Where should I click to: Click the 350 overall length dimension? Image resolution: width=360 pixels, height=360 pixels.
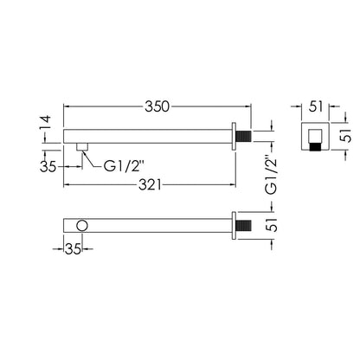[x=157, y=106]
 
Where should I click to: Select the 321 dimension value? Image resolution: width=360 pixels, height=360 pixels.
[x=150, y=185]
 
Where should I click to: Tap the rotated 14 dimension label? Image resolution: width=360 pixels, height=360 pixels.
[x=45, y=123]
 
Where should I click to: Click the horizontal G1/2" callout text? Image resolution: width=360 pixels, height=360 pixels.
[x=124, y=166]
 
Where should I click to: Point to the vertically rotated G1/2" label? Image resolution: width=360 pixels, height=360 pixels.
[x=272, y=176]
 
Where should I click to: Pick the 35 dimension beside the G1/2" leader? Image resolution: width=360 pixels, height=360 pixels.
[x=48, y=166]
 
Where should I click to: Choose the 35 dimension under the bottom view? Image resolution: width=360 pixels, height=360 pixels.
[x=73, y=249]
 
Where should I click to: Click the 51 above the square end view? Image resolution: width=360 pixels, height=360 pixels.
[x=316, y=106]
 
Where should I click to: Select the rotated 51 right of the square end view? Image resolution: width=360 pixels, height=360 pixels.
[x=345, y=135]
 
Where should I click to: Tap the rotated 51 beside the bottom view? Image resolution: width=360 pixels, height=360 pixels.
[x=272, y=225]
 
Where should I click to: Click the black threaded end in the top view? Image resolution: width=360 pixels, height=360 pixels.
[x=244, y=136]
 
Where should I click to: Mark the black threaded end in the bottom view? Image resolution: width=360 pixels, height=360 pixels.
[x=244, y=225]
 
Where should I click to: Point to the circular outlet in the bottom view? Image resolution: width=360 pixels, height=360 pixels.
[x=82, y=226]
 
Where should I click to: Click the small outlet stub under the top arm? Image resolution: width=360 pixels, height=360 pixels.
[x=82, y=146]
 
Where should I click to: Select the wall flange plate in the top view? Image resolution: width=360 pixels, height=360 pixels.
[x=234, y=136]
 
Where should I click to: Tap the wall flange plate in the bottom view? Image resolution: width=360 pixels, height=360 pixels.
[x=234, y=226]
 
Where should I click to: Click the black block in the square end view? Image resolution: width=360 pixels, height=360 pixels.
[x=316, y=146]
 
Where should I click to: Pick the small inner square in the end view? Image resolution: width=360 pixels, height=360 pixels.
[x=316, y=136]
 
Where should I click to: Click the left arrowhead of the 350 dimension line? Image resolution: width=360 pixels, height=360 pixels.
[x=67, y=106]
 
